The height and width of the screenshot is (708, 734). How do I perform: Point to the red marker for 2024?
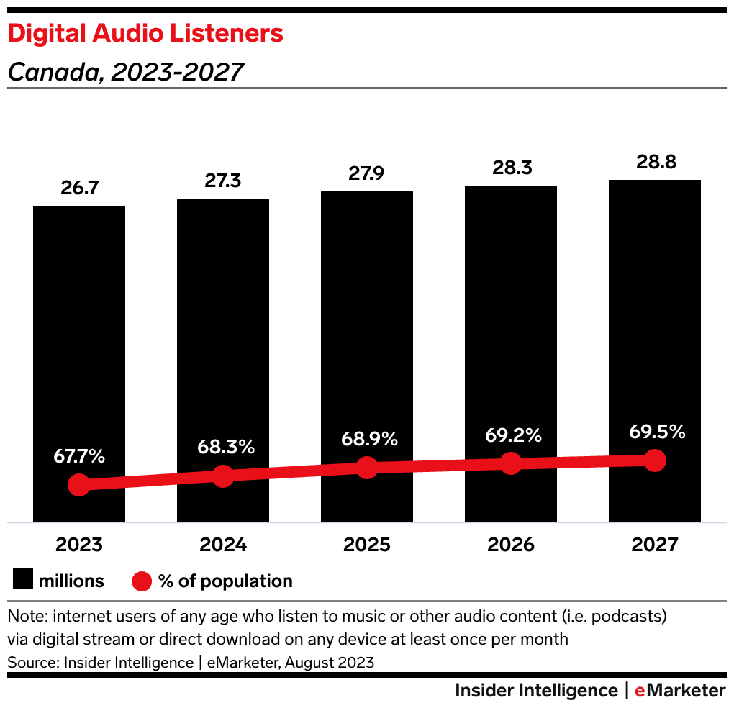223,476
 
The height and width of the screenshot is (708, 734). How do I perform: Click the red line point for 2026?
511,463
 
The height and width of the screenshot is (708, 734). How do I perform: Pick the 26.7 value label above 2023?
79,188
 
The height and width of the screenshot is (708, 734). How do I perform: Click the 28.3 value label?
511,168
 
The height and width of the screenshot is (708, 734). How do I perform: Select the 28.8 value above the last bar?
655,161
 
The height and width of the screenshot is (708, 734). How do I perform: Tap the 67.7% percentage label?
79,455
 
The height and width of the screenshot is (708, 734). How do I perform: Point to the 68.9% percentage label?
367,438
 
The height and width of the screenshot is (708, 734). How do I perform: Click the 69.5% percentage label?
655,432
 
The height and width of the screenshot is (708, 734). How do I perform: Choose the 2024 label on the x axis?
223,545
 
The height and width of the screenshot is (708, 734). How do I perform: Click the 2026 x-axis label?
511,545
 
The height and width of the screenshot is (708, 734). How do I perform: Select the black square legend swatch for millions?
24,581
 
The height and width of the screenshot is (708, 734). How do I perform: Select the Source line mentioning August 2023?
191,662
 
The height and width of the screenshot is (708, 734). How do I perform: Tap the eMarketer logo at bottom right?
680,691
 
